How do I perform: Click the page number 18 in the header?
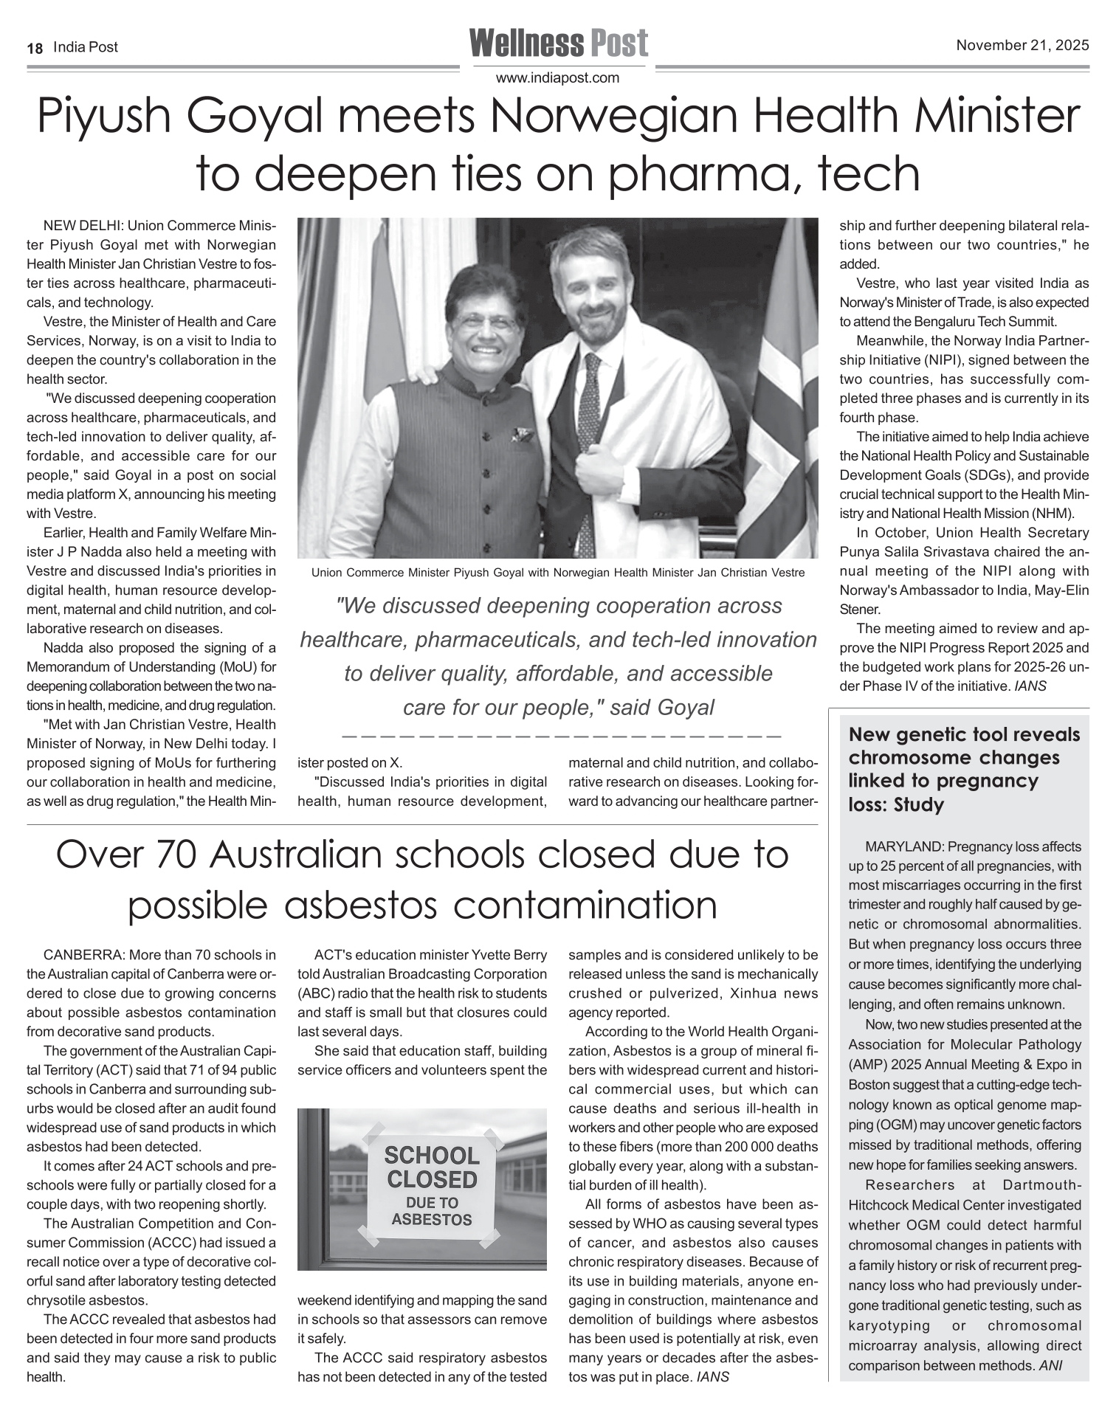point(34,48)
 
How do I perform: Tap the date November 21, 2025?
point(1022,46)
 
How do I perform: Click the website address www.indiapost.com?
point(557,77)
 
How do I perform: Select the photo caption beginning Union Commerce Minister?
point(557,572)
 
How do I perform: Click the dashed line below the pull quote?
point(561,736)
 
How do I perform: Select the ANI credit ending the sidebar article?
point(1050,1365)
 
